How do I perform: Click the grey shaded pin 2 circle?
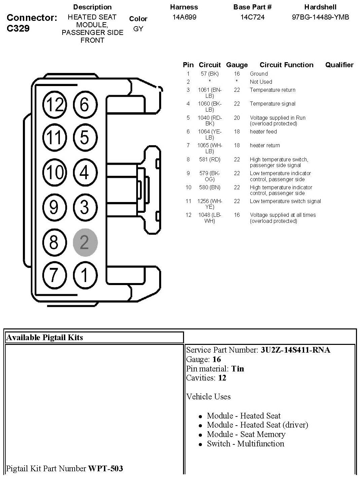click(85, 242)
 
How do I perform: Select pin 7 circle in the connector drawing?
click(54, 275)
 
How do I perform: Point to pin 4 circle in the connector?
click(85, 172)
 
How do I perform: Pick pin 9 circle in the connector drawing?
click(54, 207)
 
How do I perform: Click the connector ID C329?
click(18, 28)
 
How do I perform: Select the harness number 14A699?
click(184, 17)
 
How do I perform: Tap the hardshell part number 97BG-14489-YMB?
click(320, 17)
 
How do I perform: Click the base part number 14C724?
click(252, 17)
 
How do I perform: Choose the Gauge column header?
click(237, 65)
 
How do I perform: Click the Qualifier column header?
click(339, 65)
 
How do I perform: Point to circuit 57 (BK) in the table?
click(210, 74)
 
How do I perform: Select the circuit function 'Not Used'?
click(261, 82)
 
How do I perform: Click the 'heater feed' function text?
click(263, 131)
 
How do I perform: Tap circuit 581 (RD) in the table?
click(210, 159)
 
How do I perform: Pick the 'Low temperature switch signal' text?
click(285, 201)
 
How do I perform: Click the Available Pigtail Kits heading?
click(44, 337)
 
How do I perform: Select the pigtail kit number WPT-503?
click(105, 468)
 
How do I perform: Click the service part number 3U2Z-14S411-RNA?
click(295, 350)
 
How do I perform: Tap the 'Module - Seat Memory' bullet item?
click(246, 434)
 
